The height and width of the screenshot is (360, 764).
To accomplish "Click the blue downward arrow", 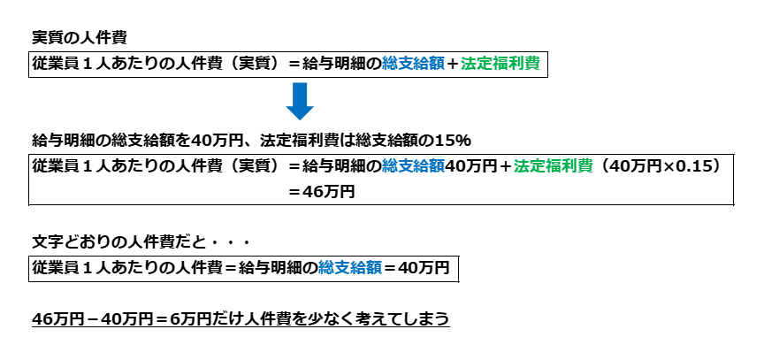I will click(300, 100).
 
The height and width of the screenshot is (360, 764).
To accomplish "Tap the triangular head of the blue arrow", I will click(300, 112).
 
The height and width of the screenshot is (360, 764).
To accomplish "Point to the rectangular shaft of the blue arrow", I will click(300, 93).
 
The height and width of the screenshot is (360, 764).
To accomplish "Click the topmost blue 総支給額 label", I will click(413, 64).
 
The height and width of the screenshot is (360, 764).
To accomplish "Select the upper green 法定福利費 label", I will click(500, 64).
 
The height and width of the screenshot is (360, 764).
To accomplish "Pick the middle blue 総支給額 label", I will click(413, 165).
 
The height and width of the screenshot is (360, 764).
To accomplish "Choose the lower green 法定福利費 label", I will click(554, 165).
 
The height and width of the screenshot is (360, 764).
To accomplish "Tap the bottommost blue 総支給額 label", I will click(350, 267).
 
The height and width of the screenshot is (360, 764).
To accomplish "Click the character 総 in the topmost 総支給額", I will click(390, 64).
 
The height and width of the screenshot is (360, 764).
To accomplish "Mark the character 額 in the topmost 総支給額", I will click(437, 64).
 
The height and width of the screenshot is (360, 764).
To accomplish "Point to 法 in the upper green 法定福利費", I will click(469, 64).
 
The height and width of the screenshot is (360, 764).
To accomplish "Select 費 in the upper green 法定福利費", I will click(532, 64).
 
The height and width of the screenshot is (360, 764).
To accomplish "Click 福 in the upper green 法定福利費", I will click(500, 64).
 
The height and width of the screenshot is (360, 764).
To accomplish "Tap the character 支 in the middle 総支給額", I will click(406, 165).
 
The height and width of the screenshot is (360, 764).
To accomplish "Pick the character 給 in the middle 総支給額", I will click(422, 165).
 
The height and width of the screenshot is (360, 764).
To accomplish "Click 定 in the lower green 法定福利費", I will click(538, 165).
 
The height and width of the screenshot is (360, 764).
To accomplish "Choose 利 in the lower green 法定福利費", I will click(569, 165).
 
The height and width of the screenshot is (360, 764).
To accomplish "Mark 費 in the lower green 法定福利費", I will click(585, 165).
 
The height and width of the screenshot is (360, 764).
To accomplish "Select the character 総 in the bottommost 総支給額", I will click(326, 267).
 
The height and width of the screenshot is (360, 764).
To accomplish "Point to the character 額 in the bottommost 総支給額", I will click(374, 267).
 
